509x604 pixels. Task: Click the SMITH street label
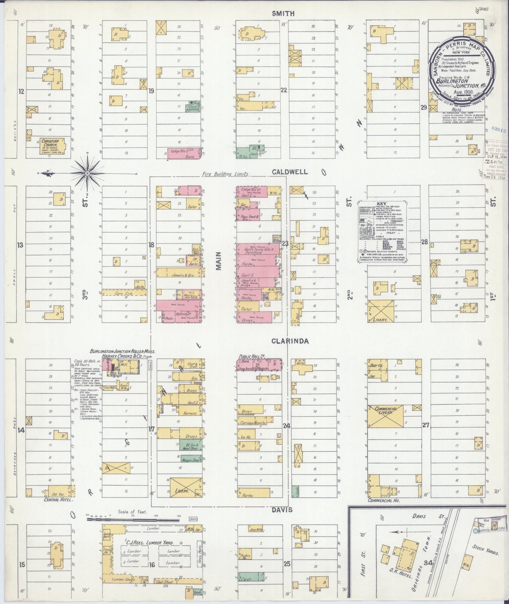pyautogui.click(x=283, y=13)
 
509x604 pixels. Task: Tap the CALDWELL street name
pyautogui.click(x=290, y=172)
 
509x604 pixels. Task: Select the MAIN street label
pyautogui.click(x=219, y=261)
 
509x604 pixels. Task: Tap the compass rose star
pyautogui.click(x=87, y=173)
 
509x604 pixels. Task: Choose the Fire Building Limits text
pyautogui.click(x=225, y=174)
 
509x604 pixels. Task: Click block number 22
pyautogui.click(x=284, y=90)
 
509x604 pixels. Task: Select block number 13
pyautogui.click(x=20, y=245)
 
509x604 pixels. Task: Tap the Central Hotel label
pyautogui.click(x=58, y=500)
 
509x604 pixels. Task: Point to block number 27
pyautogui.click(x=426, y=425)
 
